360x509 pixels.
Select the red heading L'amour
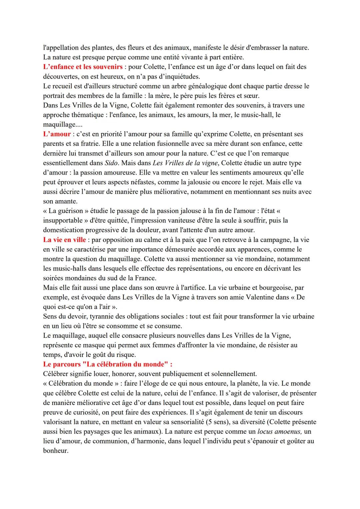(57, 134)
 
